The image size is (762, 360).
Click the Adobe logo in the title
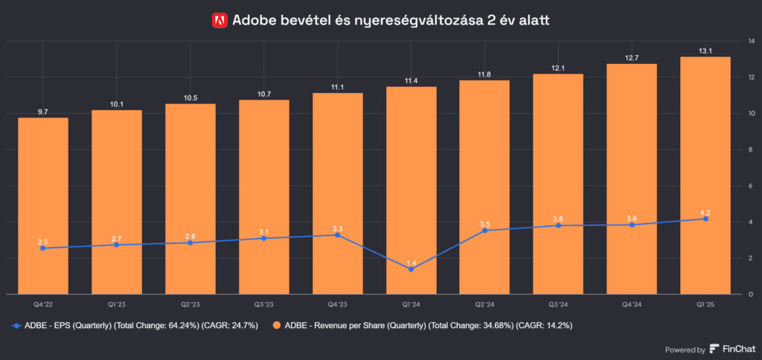click(x=220, y=21)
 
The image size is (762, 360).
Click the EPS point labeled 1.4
click(x=412, y=269)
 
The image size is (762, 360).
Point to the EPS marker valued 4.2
click(x=705, y=219)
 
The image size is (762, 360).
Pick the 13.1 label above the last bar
click(x=705, y=51)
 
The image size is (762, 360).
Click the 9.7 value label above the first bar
click(x=43, y=112)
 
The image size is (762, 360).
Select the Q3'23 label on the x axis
click(x=264, y=304)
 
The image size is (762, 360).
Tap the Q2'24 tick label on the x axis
click(x=484, y=304)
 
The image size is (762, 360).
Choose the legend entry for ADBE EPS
click(x=134, y=326)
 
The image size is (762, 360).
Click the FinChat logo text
click(x=734, y=349)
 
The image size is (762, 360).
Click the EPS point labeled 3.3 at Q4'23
click(x=338, y=235)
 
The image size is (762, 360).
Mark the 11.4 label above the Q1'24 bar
click(x=412, y=80)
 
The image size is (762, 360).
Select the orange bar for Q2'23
click(x=190, y=198)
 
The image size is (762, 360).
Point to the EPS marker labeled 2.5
click(x=43, y=248)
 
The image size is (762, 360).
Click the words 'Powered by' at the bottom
click(x=684, y=350)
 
